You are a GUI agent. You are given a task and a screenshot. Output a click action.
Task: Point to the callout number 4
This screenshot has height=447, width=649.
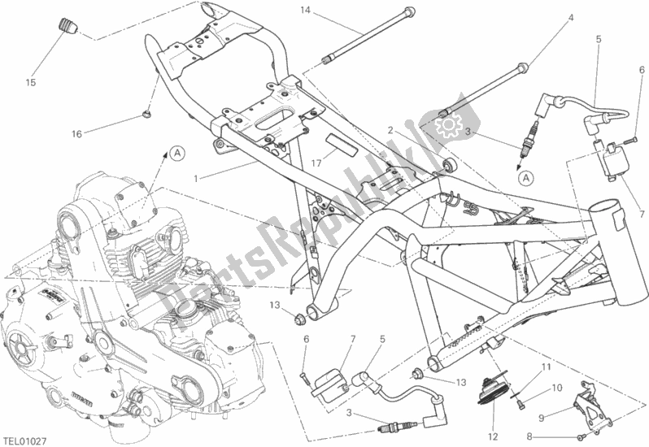coord(569,17)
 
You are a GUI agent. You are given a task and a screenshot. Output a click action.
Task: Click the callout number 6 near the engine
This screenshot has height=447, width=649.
coord(306,339)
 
